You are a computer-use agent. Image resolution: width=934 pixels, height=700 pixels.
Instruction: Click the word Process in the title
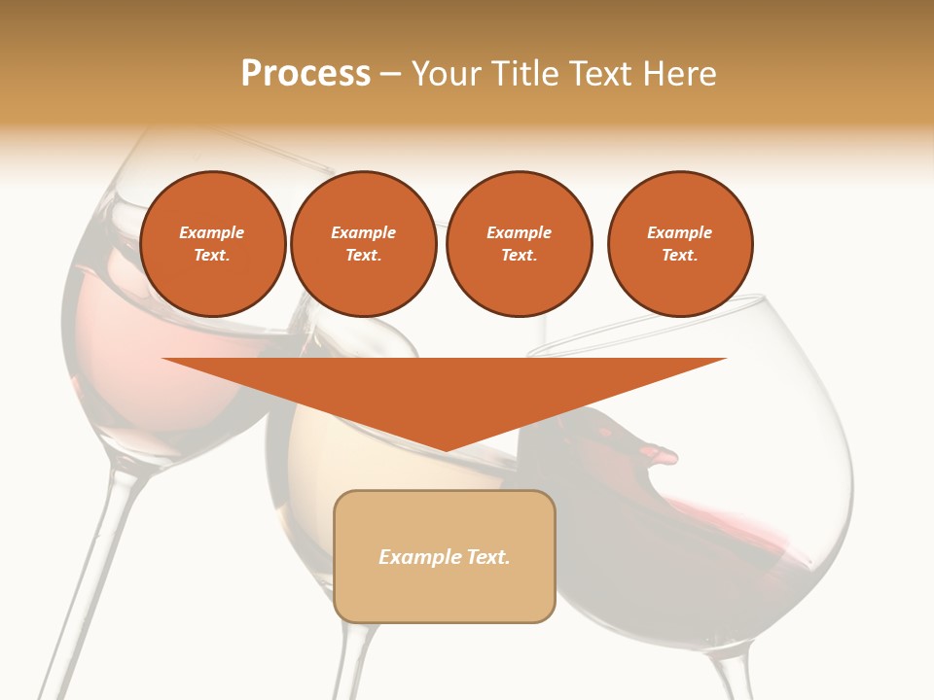click(x=305, y=74)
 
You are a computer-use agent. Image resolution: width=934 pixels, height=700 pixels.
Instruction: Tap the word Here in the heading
click(x=680, y=74)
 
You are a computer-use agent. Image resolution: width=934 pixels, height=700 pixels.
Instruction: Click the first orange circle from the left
click(x=212, y=244)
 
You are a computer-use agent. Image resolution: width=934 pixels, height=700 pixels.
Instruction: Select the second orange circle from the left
click(x=363, y=244)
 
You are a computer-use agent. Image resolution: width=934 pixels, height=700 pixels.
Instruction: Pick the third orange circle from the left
click(x=519, y=244)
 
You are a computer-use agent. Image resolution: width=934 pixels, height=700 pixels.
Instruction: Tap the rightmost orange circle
click(x=679, y=244)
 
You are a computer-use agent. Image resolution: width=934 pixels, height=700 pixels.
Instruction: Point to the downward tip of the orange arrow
click(x=445, y=449)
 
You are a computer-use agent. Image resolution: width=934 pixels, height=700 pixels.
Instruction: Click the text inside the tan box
click(x=445, y=557)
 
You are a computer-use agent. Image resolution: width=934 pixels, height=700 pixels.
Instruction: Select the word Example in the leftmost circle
click(x=212, y=232)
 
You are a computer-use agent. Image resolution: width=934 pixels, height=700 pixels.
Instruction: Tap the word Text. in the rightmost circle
click(x=679, y=255)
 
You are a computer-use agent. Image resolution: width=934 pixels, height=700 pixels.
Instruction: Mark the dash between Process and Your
click(x=390, y=75)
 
